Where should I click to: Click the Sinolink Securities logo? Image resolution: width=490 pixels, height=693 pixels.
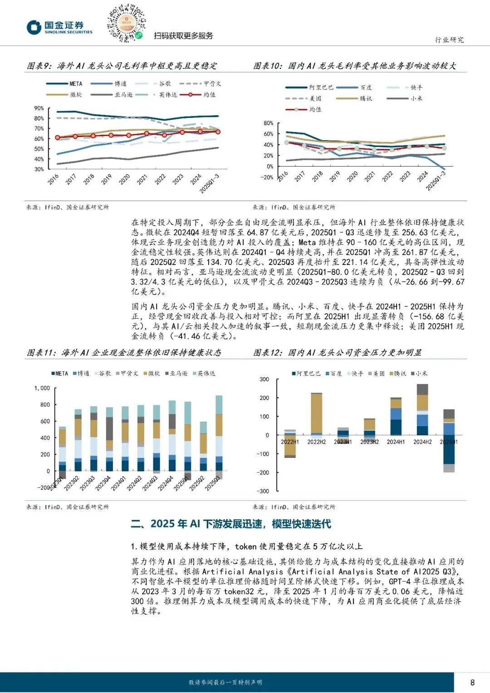click(59, 27)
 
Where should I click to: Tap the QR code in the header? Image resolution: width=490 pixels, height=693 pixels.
click(126, 23)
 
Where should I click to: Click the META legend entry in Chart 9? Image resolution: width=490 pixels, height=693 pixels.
click(64, 84)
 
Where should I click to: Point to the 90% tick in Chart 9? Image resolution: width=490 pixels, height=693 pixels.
click(39, 108)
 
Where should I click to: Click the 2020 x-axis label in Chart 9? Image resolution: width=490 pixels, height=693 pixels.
click(124, 179)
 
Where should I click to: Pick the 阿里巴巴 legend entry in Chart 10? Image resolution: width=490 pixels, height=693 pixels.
click(309, 88)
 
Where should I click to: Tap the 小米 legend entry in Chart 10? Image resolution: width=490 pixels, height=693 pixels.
click(405, 98)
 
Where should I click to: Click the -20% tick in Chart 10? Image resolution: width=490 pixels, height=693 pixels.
click(267, 177)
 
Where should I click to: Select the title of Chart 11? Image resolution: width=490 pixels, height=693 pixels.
click(124, 353)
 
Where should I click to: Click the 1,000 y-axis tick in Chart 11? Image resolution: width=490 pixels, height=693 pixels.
click(42, 388)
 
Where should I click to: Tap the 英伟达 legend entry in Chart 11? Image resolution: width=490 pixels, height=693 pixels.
click(204, 374)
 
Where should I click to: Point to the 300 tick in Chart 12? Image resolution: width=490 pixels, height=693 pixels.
click(264, 379)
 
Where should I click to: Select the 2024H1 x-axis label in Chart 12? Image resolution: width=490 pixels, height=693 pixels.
click(396, 442)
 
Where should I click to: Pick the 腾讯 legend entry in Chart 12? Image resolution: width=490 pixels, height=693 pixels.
click(397, 374)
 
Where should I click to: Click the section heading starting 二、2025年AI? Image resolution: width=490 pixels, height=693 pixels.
click(231, 524)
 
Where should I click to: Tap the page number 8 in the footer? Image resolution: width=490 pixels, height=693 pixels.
click(472, 682)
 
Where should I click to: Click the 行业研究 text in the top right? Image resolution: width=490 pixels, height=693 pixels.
click(449, 40)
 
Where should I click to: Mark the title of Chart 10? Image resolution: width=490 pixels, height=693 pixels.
click(354, 66)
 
